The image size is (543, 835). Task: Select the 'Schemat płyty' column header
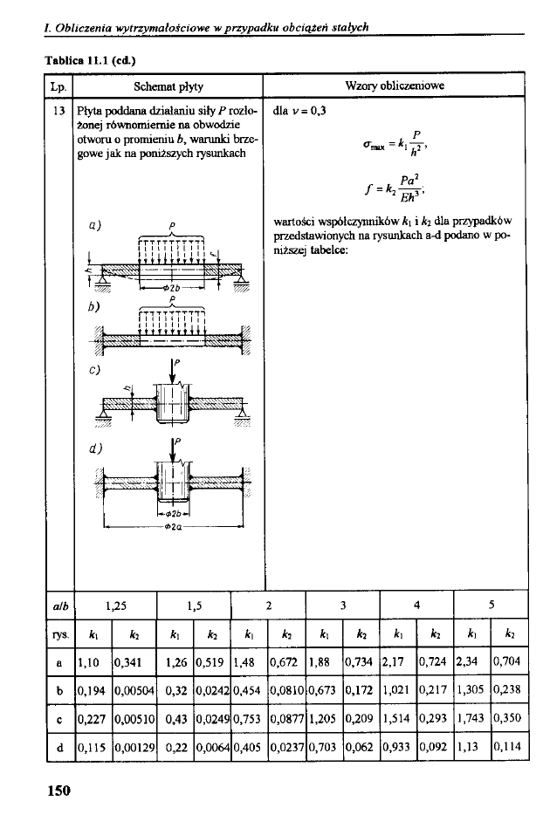[x=168, y=87]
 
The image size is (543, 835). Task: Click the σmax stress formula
[x=394, y=142]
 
